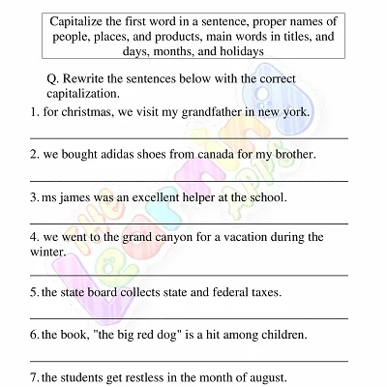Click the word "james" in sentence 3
[x=78, y=196]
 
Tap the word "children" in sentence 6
[x=282, y=335]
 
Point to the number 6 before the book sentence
[x=34, y=335]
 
